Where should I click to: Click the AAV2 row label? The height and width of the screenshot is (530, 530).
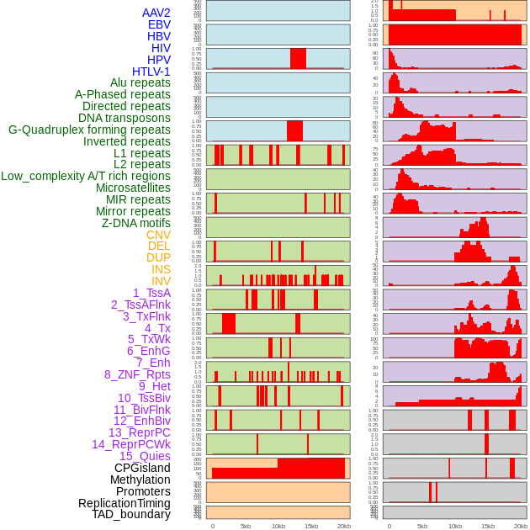pyautogui.click(x=156, y=13)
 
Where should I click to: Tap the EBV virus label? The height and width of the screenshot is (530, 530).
pyautogui.click(x=159, y=24)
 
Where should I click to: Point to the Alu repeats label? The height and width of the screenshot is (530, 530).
pyautogui.click(x=140, y=82)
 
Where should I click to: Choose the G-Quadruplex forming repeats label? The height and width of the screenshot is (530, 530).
pyautogui.click(x=89, y=130)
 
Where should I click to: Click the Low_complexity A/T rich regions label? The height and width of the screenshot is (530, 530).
pyautogui.click(x=86, y=176)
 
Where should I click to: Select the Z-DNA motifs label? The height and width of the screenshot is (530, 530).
pyautogui.click(x=136, y=223)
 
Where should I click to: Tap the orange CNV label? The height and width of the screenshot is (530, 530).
pyautogui.click(x=158, y=235)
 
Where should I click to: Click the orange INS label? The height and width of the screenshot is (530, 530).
pyautogui.click(x=161, y=269)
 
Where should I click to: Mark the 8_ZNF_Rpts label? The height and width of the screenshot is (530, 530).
pyautogui.click(x=137, y=374)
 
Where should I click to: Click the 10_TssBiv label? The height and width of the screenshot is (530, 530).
pyautogui.click(x=144, y=398)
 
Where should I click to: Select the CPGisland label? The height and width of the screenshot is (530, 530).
pyautogui.click(x=142, y=468)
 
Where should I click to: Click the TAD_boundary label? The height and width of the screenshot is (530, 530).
pyautogui.click(x=130, y=514)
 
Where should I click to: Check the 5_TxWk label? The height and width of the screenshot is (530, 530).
pyautogui.click(x=149, y=339)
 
